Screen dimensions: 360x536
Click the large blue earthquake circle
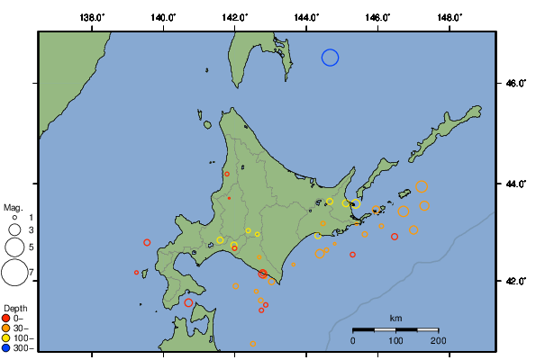[x=330, y=58]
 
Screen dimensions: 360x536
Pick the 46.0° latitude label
[x=515, y=84]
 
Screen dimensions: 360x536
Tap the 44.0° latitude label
[x=515, y=184]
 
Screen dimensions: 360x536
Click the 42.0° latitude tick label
[x=515, y=281]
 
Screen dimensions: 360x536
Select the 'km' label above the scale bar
[x=395, y=319]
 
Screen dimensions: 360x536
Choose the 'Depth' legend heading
[x=14, y=308]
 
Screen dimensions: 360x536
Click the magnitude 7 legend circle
[x=14, y=271]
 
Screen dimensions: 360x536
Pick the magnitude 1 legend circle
[x=14, y=218]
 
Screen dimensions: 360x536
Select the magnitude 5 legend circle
[x=14, y=247]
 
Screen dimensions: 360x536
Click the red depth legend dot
[x=6, y=318]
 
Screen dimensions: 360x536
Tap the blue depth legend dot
[x=6, y=347]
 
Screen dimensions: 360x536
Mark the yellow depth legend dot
[x=6, y=337]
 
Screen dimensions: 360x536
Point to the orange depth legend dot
[x=6, y=328]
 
